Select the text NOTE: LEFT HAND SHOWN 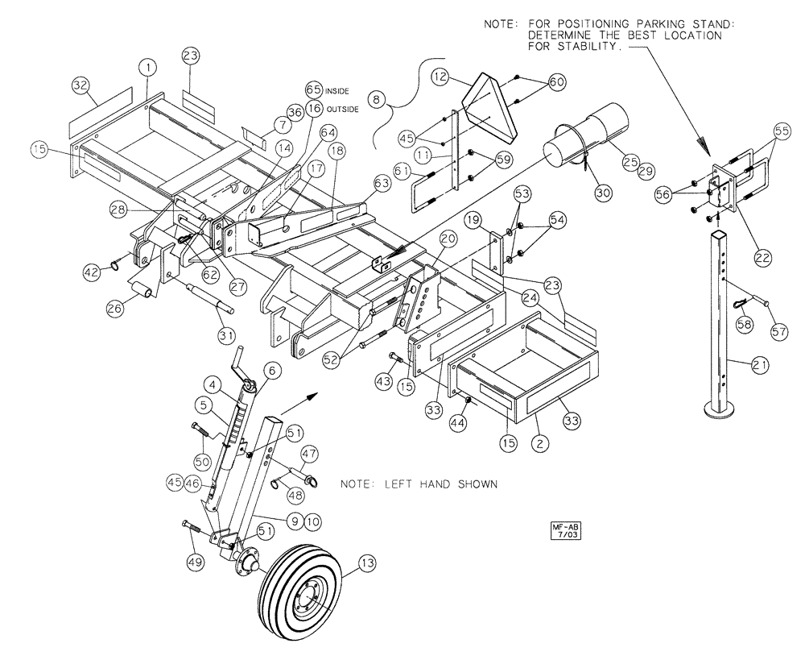point(418,485)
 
